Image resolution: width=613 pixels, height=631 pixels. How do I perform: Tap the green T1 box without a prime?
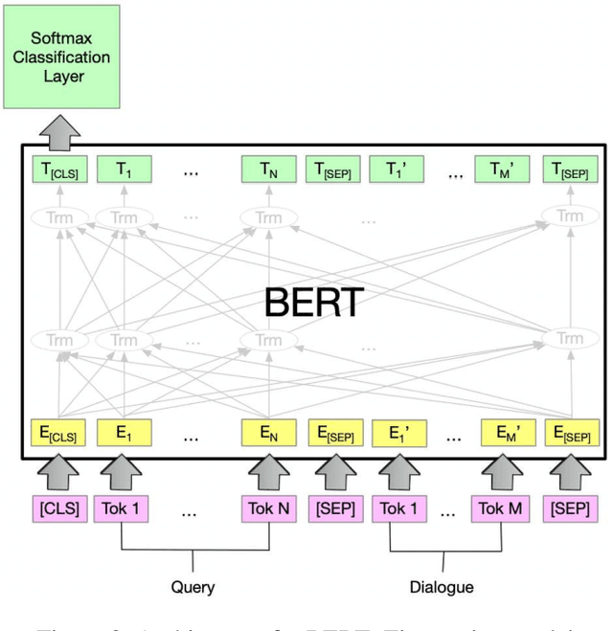[x=124, y=170]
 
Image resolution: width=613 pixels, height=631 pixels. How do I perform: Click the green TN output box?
[x=268, y=170]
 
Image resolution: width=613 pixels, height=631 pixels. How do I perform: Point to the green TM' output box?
[x=499, y=170]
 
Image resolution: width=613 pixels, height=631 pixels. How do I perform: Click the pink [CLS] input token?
[x=59, y=507]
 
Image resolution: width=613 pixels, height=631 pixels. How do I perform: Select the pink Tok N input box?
[x=268, y=507]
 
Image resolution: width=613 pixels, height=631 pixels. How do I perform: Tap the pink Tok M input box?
[x=499, y=507]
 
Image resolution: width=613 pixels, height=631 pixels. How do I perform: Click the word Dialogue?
[x=443, y=586]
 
